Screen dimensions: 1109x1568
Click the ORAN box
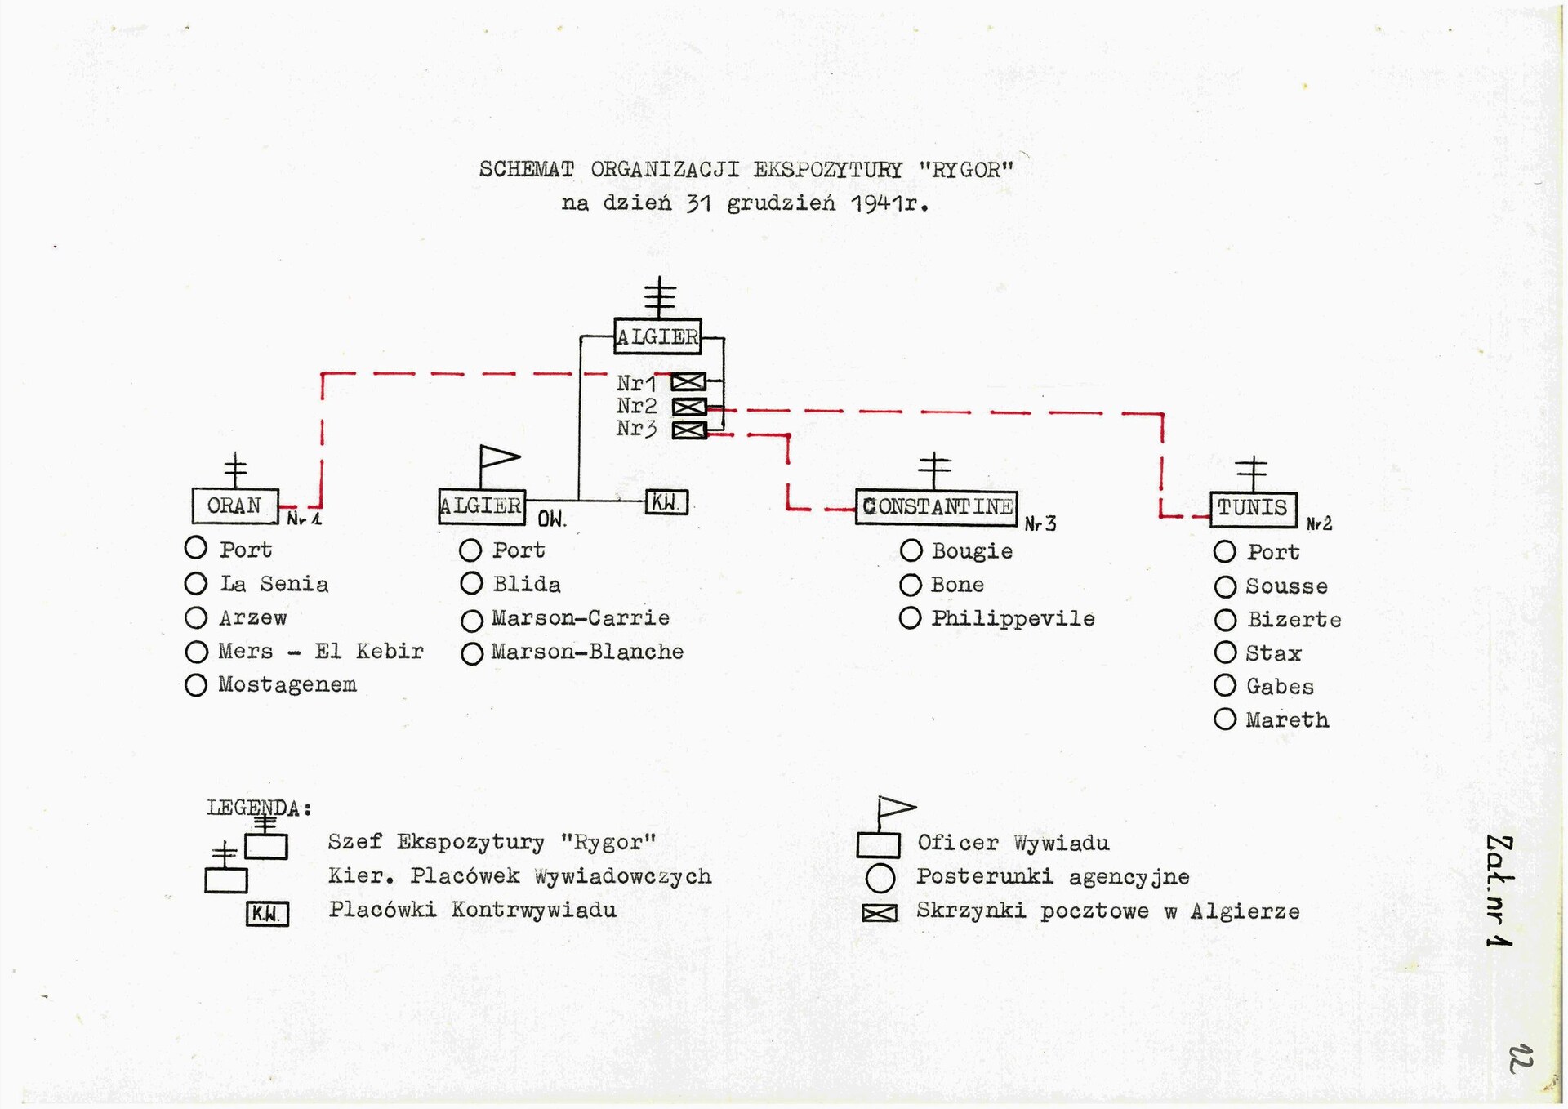point(235,506)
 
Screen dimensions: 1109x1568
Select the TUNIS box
point(1253,508)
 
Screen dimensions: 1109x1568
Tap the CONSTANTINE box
point(937,507)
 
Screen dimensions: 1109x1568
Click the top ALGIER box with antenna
point(657,336)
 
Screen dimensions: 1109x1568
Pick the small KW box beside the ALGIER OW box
point(666,502)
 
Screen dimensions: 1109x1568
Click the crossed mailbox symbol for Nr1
point(688,382)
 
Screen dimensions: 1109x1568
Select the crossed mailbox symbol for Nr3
point(688,430)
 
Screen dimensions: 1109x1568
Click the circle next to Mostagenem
point(196,685)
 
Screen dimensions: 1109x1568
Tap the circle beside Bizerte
point(1225,621)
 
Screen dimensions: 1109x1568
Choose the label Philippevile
point(1013,619)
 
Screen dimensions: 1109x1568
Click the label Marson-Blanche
point(587,652)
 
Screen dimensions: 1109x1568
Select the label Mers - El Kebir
point(320,652)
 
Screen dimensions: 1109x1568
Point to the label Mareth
point(1287,720)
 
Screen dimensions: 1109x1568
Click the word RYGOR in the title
point(966,170)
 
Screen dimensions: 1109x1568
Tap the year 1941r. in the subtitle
point(889,203)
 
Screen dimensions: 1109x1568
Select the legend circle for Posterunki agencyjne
point(880,878)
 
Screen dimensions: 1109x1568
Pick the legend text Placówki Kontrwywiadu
point(472,910)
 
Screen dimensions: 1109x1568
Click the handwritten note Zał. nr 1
point(1500,890)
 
